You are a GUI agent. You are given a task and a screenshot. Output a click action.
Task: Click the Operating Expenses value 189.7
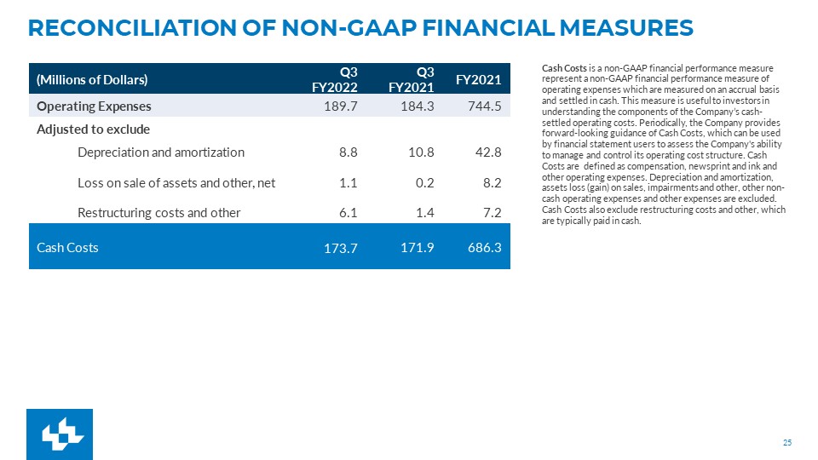click(x=341, y=106)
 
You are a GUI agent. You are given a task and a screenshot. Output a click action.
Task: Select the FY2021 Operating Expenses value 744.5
click(x=485, y=106)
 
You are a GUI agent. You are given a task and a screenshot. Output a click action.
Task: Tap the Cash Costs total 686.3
click(x=485, y=247)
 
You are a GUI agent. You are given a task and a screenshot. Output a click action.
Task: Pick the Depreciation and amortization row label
click(x=161, y=152)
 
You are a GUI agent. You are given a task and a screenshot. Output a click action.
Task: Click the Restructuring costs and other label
click(x=159, y=213)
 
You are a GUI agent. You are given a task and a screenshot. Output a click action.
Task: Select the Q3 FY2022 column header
click(x=335, y=79)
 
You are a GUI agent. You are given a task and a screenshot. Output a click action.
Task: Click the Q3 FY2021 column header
click(x=411, y=79)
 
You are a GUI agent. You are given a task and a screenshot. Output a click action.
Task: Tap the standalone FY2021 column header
click(x=478, y=80)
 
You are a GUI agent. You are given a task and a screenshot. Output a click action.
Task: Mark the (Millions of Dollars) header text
click(x=92, y=80)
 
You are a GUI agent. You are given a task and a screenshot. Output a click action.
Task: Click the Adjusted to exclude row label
click(x=94, y=129)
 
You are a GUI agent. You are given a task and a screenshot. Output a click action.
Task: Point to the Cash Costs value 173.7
click(x=341, y=248)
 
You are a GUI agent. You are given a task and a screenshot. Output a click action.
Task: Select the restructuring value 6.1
click(x=348, y=213)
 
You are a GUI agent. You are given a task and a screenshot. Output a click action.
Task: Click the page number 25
click(x=787, y=443)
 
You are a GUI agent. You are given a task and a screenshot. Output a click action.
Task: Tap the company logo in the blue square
click(x=60, y=434)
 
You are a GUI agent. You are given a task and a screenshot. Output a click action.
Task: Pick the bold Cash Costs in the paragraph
click(x=564, y=68)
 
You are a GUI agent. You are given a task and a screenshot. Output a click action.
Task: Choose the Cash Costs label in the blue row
click(x=67, y=247)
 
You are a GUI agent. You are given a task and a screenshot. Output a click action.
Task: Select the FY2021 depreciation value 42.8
click(x=489, y=152)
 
